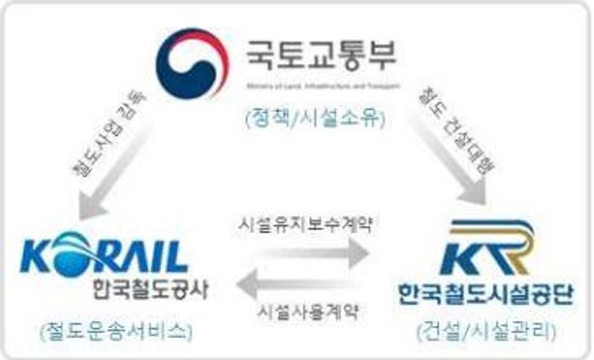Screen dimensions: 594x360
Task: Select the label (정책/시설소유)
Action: point(316,118)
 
